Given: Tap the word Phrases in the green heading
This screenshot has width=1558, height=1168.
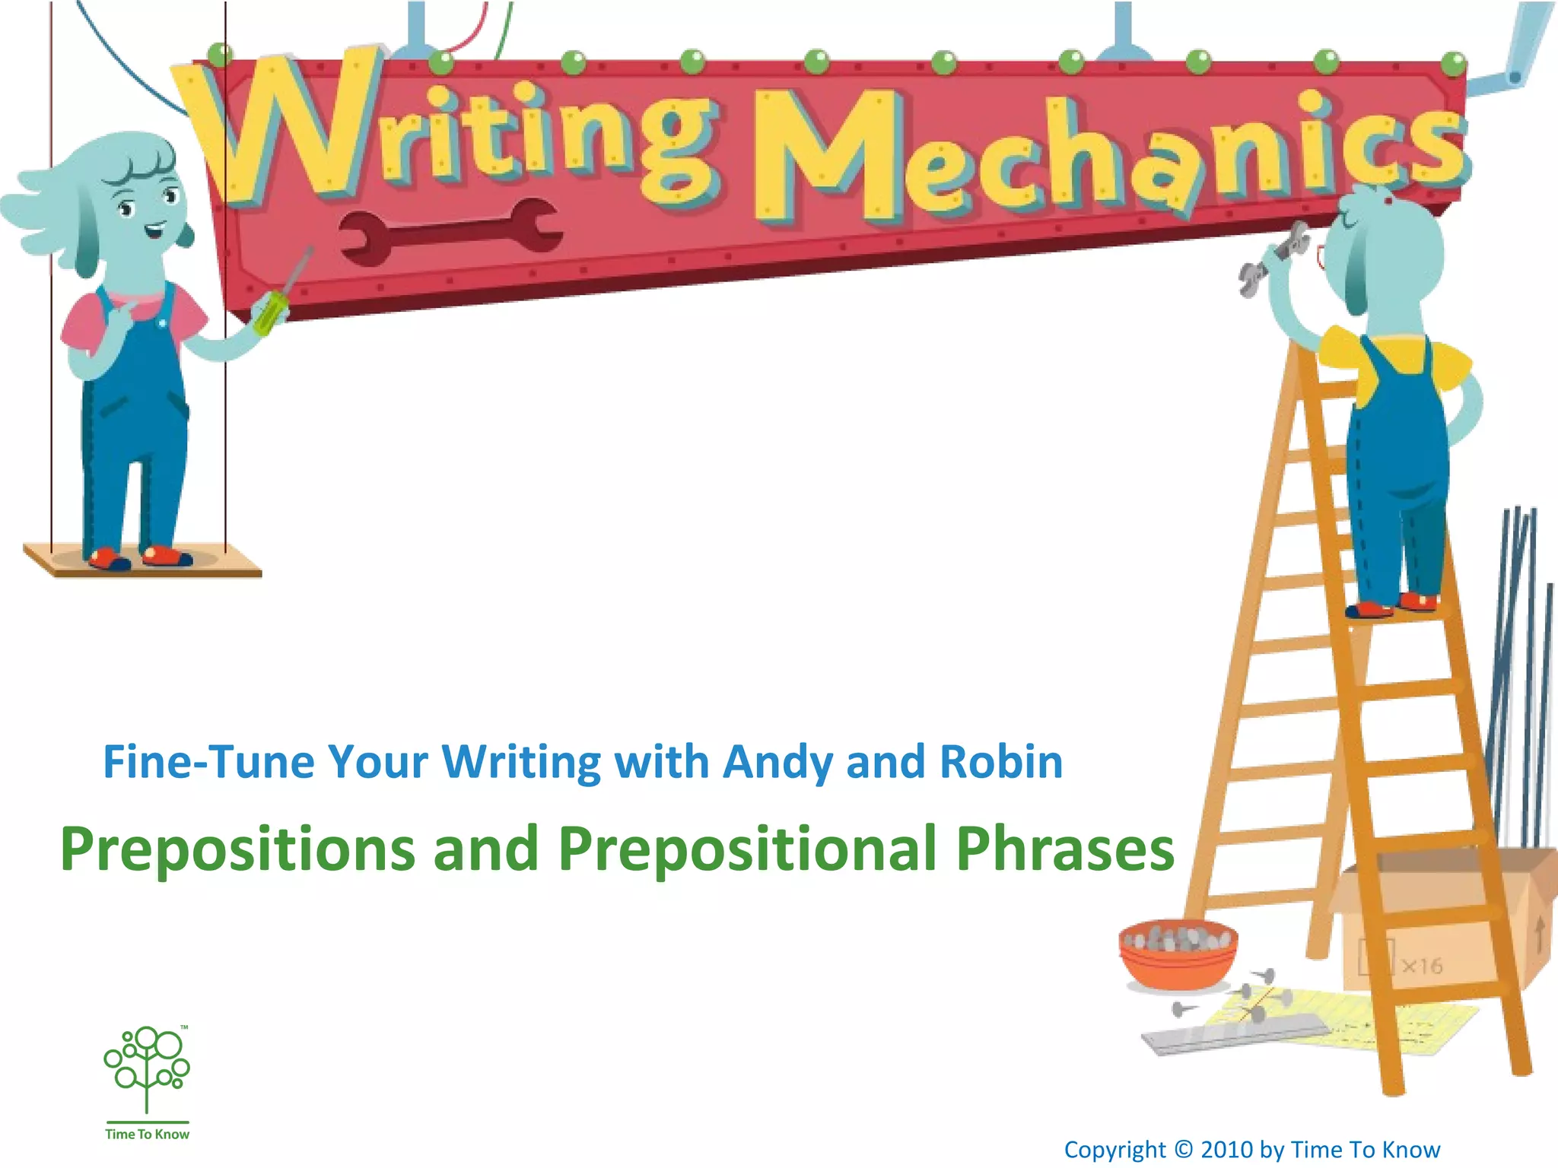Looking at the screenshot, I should pos(1065,849).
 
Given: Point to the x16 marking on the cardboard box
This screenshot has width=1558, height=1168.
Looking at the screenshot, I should pos(1421,966).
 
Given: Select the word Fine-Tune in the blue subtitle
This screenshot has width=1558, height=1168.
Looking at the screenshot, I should pos(208,762).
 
